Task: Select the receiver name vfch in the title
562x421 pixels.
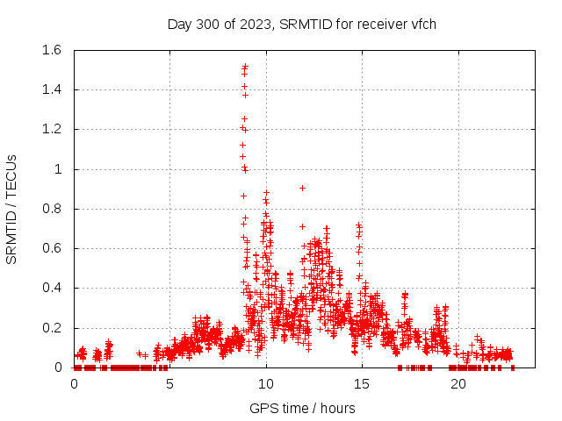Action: (421, 25)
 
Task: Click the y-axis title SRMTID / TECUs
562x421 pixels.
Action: (12, 209)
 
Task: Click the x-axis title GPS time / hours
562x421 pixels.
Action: (302, 408)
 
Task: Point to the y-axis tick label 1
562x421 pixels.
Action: (58, 169)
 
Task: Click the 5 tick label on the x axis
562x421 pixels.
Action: (169, 384)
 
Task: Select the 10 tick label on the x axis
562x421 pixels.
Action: (265, 384)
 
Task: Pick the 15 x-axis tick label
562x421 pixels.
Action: (361, 384)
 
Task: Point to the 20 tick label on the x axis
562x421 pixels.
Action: (457, 384)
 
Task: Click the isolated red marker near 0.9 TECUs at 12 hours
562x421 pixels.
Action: (302, 188)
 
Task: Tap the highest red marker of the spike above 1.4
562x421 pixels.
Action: (245, 66)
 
